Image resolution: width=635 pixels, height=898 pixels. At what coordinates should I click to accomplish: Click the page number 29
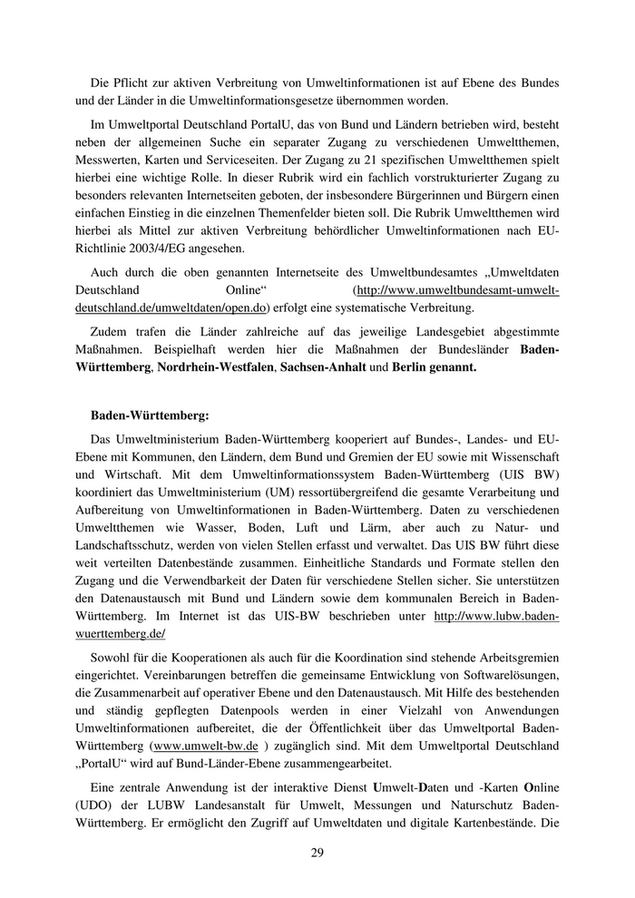tap(317, 852)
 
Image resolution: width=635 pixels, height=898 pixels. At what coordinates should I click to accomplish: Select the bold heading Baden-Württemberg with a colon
tap(150, 415)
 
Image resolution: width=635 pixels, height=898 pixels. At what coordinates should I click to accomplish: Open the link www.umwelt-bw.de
tap(205, 746)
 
